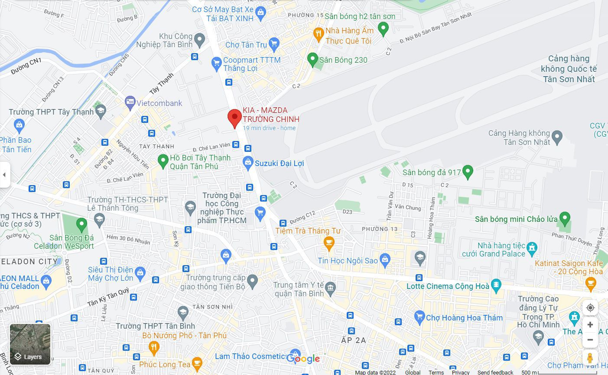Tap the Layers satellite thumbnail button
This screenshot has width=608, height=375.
(30, 344)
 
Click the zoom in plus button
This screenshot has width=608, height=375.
(590, 324)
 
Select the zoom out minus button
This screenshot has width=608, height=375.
(590, 340)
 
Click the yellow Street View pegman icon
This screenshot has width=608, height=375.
(590, 358)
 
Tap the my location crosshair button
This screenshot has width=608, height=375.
(590, 308)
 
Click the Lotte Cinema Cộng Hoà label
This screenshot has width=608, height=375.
(448, 286)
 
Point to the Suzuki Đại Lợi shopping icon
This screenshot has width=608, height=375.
(248, 163)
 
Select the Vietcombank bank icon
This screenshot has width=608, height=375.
(130, 103)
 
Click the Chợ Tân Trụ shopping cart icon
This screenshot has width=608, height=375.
(273, 44)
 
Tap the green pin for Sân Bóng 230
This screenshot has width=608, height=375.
(312, 60)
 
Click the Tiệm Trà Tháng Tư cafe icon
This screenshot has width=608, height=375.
(329, 243)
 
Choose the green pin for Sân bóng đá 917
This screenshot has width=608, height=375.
(468, 172)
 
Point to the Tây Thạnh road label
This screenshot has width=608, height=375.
(161, 83)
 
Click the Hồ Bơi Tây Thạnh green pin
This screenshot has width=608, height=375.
(163, 161)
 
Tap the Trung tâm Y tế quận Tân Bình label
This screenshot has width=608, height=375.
(299, 289)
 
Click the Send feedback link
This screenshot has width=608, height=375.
(495, 372)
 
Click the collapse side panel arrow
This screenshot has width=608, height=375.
(4, 175)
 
